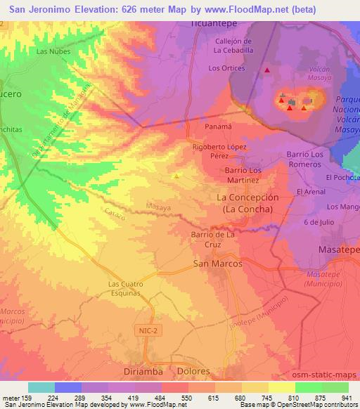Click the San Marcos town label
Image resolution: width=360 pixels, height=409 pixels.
point(217,263)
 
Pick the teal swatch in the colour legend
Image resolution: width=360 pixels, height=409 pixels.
point(41,387)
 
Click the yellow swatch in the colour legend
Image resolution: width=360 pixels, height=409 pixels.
point(282,387)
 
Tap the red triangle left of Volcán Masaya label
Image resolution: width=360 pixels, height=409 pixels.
point(266,70)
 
